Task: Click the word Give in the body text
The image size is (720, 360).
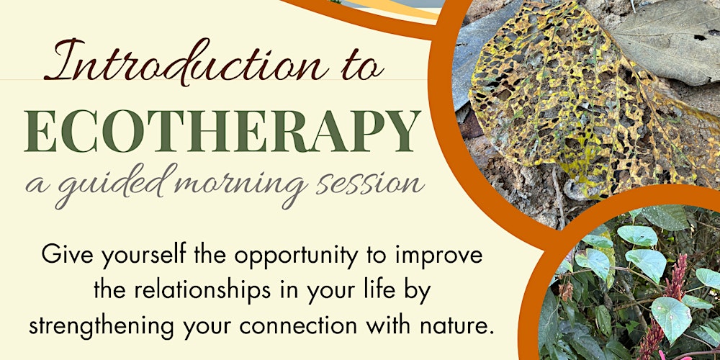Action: click(x=67, y=255)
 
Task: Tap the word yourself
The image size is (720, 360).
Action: click(x=138, y=256)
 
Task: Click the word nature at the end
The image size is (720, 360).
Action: click(x=457, y=325)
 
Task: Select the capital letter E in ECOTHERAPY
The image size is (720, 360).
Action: click(x=40, y=132)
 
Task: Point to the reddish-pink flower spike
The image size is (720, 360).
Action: click(x=673, y=288)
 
